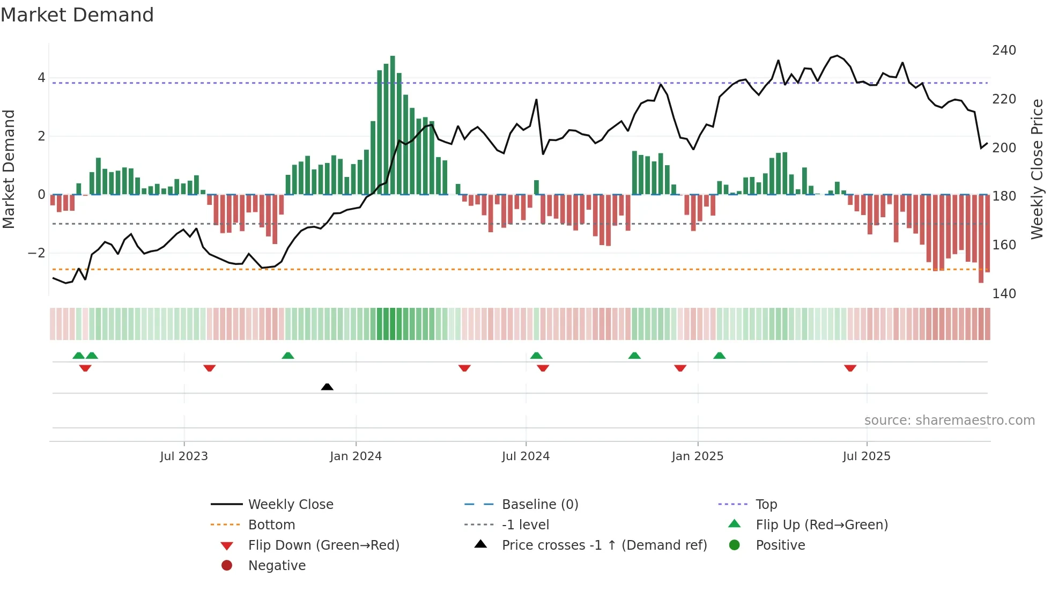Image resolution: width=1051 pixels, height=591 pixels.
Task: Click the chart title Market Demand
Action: pos(77,15)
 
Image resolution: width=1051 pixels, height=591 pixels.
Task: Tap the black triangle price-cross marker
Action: pos(327,387)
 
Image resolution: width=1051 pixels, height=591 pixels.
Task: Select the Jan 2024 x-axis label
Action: pos(356,456)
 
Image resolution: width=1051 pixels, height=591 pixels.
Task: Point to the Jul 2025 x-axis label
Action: pos(866,456)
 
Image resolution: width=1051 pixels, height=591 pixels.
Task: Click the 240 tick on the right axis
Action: pos(1004,50)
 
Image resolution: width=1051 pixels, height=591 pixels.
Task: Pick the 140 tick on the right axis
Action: pos(1004,294)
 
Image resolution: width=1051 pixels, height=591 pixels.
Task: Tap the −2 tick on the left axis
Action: pos(36,253)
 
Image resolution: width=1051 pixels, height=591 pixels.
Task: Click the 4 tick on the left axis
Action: pos(41,78)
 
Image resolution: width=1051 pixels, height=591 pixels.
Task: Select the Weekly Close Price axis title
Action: pos(1037,169)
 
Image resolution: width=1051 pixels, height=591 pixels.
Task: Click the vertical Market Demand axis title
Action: pos(9,169)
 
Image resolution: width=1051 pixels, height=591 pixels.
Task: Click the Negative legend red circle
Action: pos(227,566)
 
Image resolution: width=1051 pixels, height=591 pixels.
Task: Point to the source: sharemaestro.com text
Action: pos(949,420)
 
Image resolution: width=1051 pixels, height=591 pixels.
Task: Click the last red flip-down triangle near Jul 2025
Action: pos(850,368)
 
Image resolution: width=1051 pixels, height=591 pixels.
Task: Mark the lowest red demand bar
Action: pos(981,239)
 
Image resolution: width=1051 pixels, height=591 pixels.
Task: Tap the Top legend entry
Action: pos(766,505)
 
